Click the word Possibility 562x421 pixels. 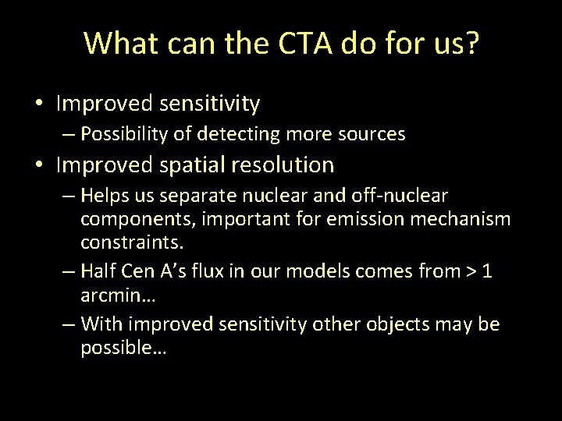tap(126, 134)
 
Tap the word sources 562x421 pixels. tap(372, 134)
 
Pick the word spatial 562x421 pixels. tap(194, 165)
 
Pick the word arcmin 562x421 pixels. tap(113, 295)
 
